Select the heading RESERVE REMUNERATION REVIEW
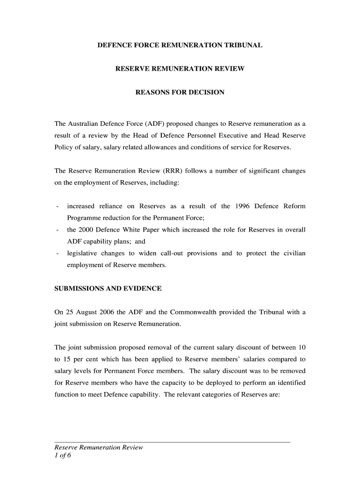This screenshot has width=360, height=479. (x=180, y=69)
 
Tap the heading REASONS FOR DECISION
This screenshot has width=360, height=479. (x=180, y=92)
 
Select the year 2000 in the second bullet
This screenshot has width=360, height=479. (x=85, y=230)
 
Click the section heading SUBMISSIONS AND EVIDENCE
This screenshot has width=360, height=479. (x=108, y=289)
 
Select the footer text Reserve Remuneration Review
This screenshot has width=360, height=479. (x=99, y=448)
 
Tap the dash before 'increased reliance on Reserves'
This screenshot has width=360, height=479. (x=57, y=206)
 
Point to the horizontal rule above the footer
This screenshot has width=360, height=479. (x=173, y=442)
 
